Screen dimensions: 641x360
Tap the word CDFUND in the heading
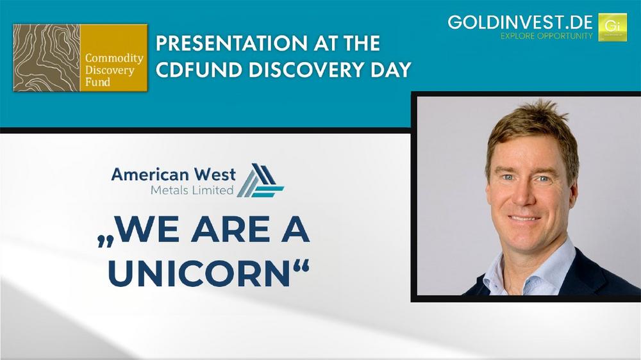(199, 70)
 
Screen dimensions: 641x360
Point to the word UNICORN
(199, 274)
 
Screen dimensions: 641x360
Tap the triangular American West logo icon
(260, 180)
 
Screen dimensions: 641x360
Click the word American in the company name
(150, 174)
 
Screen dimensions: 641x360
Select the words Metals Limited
(192, 190)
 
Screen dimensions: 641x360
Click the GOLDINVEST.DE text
(520, 22)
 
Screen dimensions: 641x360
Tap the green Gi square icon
(612, 28)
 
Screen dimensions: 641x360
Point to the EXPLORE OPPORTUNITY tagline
(547, 36)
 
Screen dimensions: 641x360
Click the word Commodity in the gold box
(114, 58)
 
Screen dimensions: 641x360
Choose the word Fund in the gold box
(97, 82)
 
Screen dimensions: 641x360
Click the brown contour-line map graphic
(47, 58)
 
